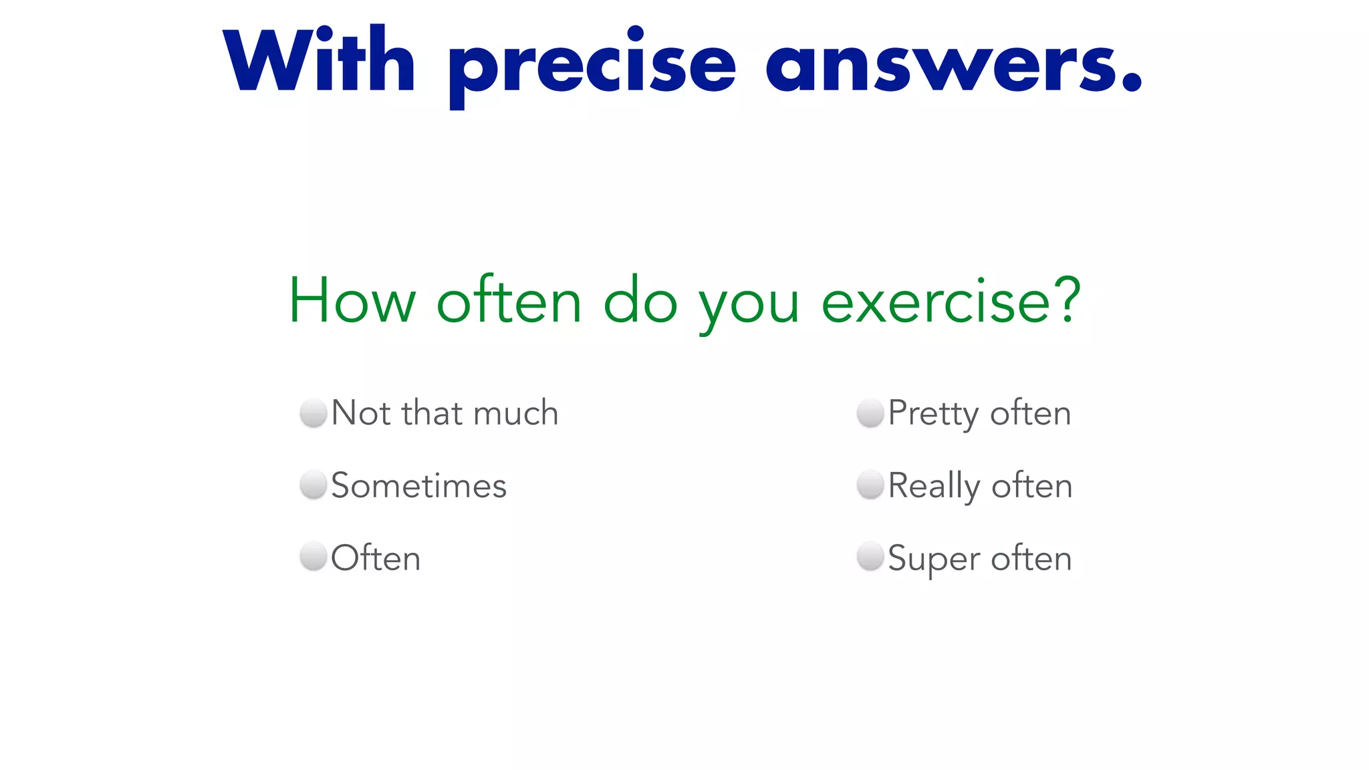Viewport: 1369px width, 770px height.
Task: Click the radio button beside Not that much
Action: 313,412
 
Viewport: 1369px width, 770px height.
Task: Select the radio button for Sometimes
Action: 313,485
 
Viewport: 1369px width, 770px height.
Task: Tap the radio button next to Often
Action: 313,557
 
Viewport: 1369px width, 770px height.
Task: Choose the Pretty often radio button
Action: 870,412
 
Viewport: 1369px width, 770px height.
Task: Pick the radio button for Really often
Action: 870,485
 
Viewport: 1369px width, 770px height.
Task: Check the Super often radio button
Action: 870,557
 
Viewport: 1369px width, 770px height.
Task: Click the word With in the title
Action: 320,61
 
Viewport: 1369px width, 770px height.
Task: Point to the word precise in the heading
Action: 592,67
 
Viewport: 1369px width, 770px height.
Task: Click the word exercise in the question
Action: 936,301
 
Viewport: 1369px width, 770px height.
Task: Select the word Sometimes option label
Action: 419,485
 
